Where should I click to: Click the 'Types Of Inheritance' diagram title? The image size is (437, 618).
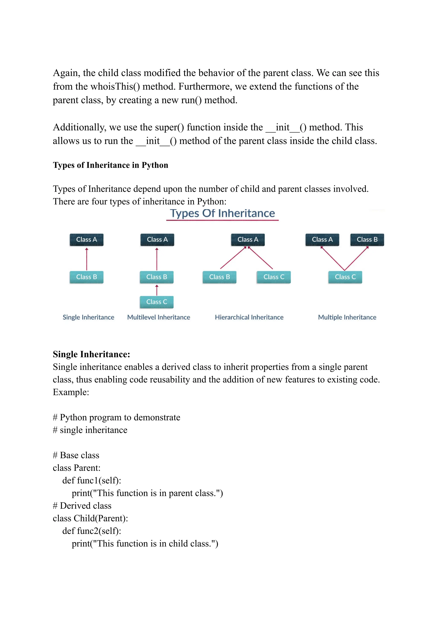point(222,213)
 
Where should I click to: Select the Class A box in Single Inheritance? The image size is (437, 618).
point(86,239)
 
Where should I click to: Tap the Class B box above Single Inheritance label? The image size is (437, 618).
point(86,277)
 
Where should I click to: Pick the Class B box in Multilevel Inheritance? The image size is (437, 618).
point(157,277)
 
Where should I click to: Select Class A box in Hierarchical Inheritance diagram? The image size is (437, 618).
point(248,239)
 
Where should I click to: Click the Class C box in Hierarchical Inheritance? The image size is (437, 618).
point(274,277)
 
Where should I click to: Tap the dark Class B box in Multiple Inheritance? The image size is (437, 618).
point(367,239)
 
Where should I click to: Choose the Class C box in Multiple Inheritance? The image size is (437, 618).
point(345,277)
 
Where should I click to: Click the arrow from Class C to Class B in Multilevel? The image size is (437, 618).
point(157,290)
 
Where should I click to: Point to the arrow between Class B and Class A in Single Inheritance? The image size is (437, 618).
point(87,259)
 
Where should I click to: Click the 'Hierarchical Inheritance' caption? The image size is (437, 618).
point(249,317)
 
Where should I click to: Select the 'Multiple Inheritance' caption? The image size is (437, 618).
point(347,317)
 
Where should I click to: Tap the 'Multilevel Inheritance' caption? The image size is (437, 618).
point(159,317)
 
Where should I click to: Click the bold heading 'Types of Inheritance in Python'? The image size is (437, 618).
point(110,165)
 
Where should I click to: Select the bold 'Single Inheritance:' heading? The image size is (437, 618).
point(91,354)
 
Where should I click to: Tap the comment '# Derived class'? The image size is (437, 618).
point(82,506)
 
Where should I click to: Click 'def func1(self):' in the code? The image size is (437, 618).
point(92,480)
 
